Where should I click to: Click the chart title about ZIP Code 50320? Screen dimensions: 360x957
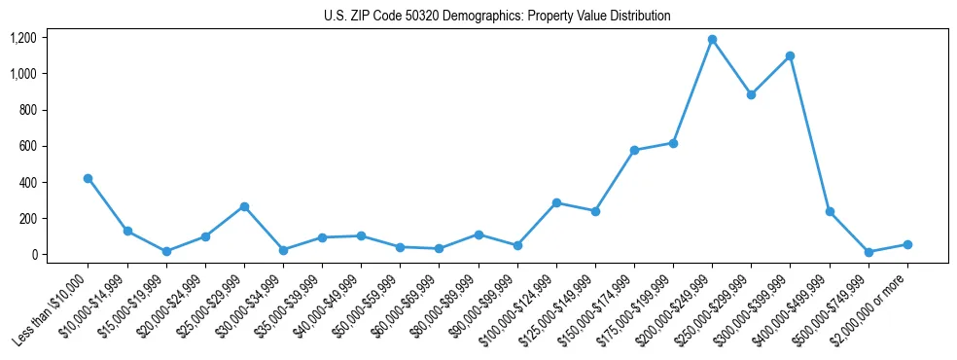coord(497,16)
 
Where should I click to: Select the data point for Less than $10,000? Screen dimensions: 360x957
coord(89,178)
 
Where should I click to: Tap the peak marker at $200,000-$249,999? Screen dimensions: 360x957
coord(712,40)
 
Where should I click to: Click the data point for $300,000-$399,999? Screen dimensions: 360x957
coord(790,55)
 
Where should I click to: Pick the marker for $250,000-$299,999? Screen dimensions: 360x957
coord(751,94)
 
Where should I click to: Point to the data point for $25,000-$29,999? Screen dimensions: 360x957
coord(244,206)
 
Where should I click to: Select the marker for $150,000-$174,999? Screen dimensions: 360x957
coord(634,150)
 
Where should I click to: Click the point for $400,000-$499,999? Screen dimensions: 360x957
coord(830,211)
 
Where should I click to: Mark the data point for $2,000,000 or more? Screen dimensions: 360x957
coord(907,244)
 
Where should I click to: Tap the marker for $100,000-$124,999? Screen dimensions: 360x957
coord(556,202)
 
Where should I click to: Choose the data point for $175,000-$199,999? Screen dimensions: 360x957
coord(673,143)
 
